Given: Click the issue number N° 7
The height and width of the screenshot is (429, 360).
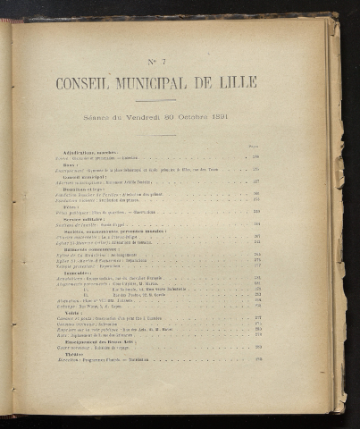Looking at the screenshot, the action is pos(157,60).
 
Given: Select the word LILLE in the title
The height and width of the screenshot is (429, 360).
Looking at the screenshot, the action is pos(239,83).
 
